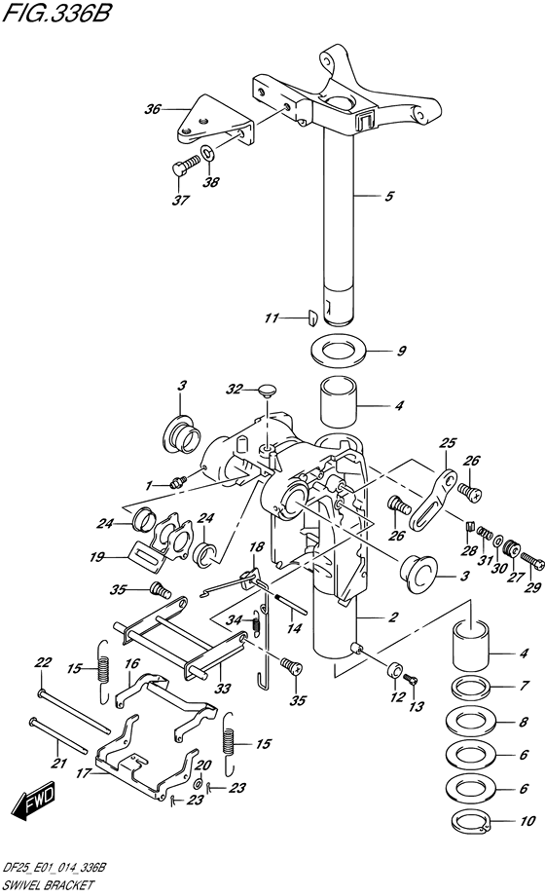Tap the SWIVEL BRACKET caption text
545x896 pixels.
(x=48, y=885)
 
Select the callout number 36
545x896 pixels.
(x=153, y=108)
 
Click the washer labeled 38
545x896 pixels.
(x=207, y=153)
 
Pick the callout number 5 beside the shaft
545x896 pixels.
(x=389, y=196)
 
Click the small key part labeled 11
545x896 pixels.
(x=312, y=317)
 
